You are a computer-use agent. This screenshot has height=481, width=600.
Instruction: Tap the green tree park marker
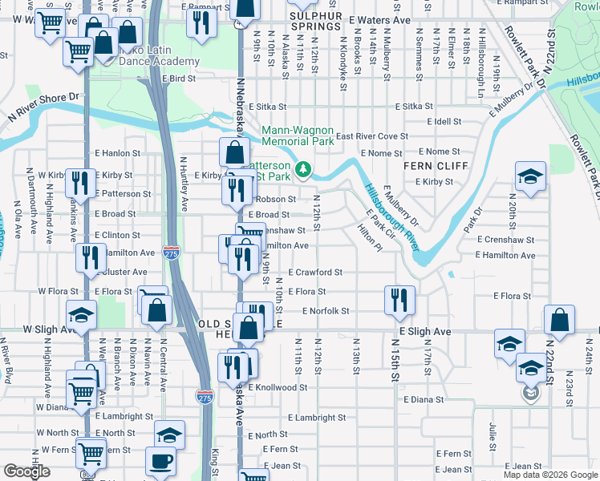coord(303,169)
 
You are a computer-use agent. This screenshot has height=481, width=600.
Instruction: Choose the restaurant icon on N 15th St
coord(399,298)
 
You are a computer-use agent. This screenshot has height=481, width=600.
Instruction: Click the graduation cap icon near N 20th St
coord(530,176)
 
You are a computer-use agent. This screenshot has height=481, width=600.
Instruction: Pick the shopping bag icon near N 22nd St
coord(559,318)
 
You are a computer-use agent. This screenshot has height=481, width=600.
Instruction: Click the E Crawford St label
coord(315,273)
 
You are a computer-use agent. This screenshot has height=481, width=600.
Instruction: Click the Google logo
coord(26,471)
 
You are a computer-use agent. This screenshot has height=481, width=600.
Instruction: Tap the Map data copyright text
coord(549,475)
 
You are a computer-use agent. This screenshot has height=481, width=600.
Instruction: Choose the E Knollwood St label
coord(282,387)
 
